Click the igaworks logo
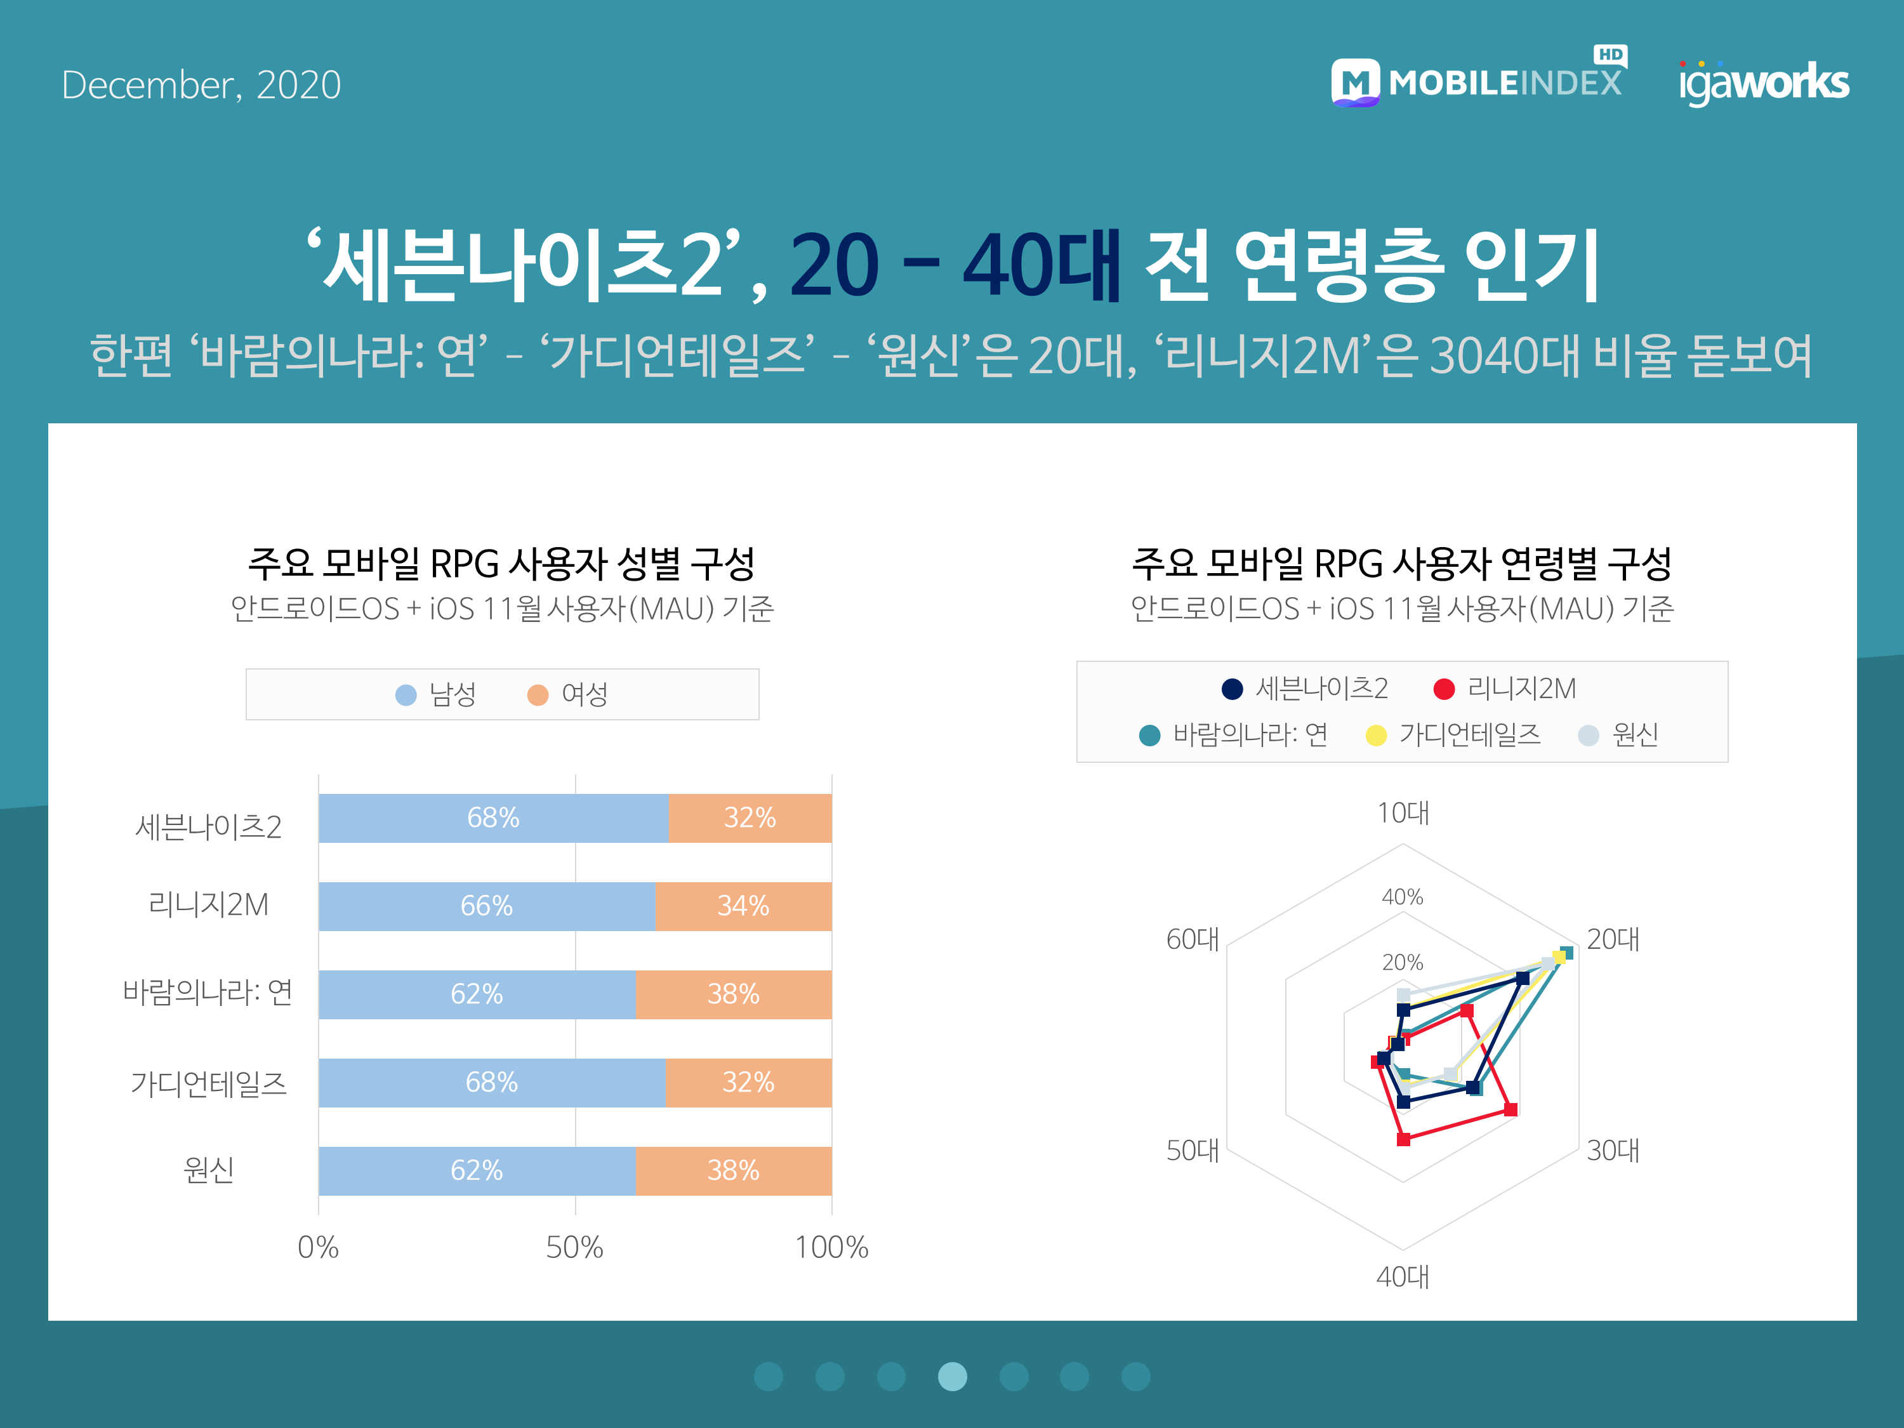pyautogui.click(x=1764, y=83)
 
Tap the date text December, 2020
pyautogui.click(x=201, y=85)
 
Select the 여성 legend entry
pyautogui.click(x=568, y=694)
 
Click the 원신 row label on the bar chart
pyautogui.click(x=209, y=1170)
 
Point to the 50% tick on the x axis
pyautogui.click(x=575, y=1247)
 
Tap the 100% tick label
pyautogui.click(x=831, y=1247)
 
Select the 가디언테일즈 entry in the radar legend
pyautogui.click(x=1454, y=735)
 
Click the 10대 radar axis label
pyautogui.click(x=1403, y=812)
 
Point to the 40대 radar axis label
pyautogui.click(x=1403, y=1276)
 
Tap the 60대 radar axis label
pyautogui.click(x=1193, y=939)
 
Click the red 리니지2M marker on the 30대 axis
pyautogui.click(x=1511, y=1109)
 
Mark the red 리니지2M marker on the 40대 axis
pyautogui.click(x=1404, y=1140)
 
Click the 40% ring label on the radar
pyautogui.click(x=1403, y=897)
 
